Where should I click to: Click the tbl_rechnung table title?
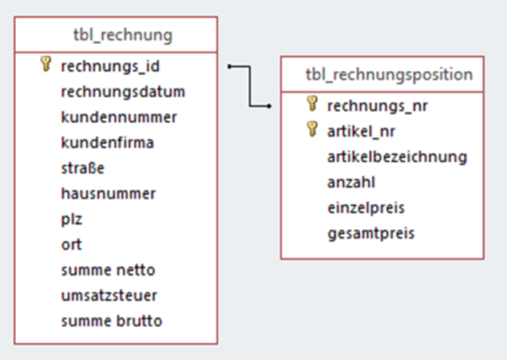(123, 35)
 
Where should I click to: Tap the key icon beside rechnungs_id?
(46, 65)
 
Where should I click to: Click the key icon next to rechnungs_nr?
(312, 105)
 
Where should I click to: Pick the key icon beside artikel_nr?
(312, 130)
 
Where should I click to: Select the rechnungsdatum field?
(123, 90)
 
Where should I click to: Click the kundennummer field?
(118, 116)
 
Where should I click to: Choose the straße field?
(83, 167)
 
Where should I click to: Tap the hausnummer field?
(108, 193)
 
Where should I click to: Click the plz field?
(71, 218)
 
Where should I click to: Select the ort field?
(70, 244)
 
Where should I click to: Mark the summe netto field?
(108, 270)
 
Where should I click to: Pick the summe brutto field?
(112, 321)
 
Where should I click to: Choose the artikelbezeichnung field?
(397, 156)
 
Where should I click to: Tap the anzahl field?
(351, 182)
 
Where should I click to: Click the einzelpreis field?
(366, 207)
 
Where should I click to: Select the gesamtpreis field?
(370, 232)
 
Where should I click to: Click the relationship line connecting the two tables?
(251, 85)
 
